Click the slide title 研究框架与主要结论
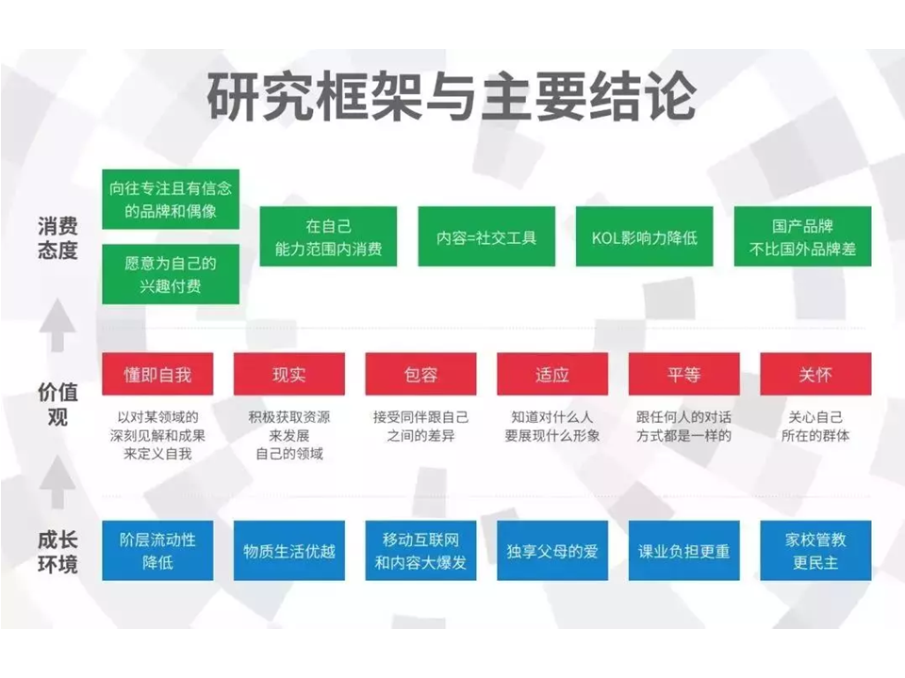(x=452, y=96)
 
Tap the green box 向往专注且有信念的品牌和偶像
(x=171, y=200)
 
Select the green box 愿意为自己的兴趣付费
(x=171, y=274)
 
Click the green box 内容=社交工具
(x=486, y=236)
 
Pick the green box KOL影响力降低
(x=645, y=236)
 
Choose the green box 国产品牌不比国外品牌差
(x=803, y=236)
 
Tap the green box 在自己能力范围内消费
(x=328, y=236)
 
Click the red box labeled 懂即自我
(x=157, y=374)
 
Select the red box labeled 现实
(x=289, y=374)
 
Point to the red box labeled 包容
(x=420, y=374)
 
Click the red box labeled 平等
(x=684, y=374)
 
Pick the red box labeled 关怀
(x=815, y=374)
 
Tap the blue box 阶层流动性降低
(x=157, y=551)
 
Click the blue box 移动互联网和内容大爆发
(x=420, y=551)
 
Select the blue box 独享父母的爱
(x=552, y=551)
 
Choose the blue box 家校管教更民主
(x=815, y=551)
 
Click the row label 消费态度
(x=58, y=237)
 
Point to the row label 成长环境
(x=58, y=553)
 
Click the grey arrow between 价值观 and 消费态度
(x=58, y=325)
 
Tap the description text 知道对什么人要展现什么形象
(x=552, y=426)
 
